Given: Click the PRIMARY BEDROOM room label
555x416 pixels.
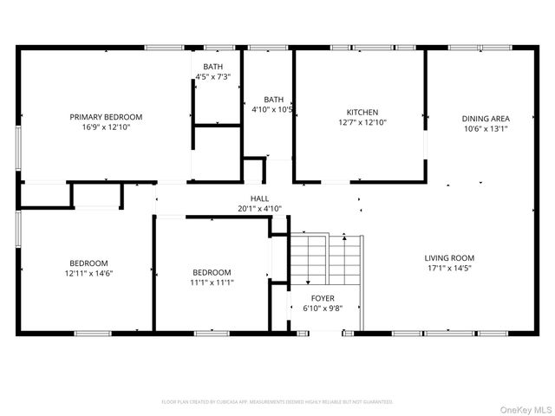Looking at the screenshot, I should (x=106, y=117).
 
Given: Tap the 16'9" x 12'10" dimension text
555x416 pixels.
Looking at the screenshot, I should (x=106, y=127).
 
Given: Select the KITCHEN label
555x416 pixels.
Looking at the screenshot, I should (x=362, y=113).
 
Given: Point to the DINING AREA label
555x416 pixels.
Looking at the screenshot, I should (x=486, y=119).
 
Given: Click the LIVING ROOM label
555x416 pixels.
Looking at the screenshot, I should (x=449, y=258).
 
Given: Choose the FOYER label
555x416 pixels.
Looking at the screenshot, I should (x=323, y=298).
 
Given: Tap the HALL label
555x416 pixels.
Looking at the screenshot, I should (x=260, y=199).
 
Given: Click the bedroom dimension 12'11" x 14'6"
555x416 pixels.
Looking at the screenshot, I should (x=88, y=274).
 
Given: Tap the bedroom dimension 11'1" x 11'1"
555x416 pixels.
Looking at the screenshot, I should (x=212, y=282).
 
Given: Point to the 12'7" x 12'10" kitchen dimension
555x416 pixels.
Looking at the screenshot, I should (x=362, y=123).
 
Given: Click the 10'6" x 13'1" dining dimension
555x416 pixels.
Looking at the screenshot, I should (x=486, y=129).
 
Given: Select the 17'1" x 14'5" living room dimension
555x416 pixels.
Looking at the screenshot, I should (x=449, y=269).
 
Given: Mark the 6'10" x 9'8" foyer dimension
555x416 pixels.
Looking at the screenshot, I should (x=323, y=309).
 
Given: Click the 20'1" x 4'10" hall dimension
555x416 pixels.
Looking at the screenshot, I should (x=260, y=209).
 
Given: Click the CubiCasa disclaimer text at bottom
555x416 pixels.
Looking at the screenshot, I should (x=277, y=402).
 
